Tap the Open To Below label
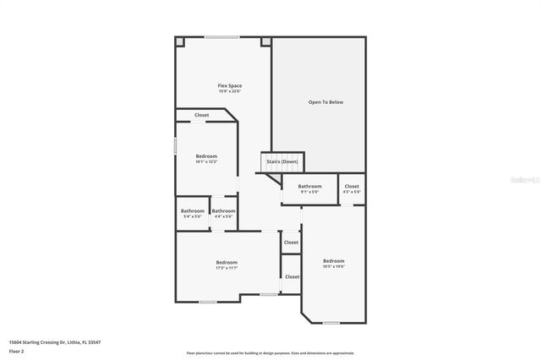pyautogui.click(x=325, y=102)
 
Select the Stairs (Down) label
pyautogui.click(x=281, y=161)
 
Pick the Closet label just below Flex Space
pyautogui.click(x=202, y=115)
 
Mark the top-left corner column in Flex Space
pyautogui.click(x=180, y=41)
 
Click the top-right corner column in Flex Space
pyautogui.click(x=265, y=41)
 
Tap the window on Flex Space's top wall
pyautogui.click(x=221, y=36)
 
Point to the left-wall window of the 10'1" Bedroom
pyautogui.click(x=175, y=145)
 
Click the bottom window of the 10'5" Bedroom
pyautogui.click(x=331, y=323)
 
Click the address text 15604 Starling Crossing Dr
pyautogui.click(x=49, y=342)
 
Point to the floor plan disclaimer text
pyautogui.click(x=270, y=353)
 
